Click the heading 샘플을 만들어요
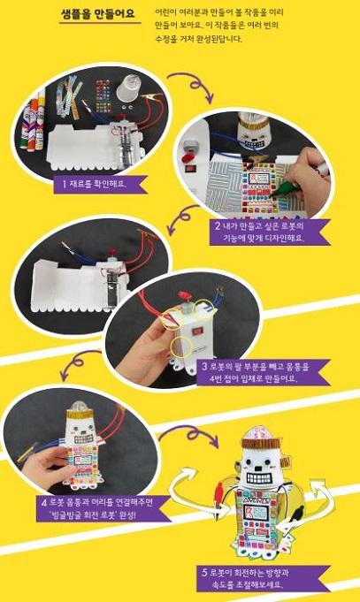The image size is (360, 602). tap(98, 14)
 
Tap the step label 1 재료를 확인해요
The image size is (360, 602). tap(100, 184)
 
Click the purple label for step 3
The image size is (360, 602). tap(263, 372)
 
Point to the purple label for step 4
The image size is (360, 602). tap(103, 508)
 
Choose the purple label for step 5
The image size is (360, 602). tap(264, 579)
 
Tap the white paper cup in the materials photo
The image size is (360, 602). tap(126, 90)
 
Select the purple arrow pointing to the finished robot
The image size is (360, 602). tap(190, 433)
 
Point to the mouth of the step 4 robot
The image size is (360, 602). tap(82, 438)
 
